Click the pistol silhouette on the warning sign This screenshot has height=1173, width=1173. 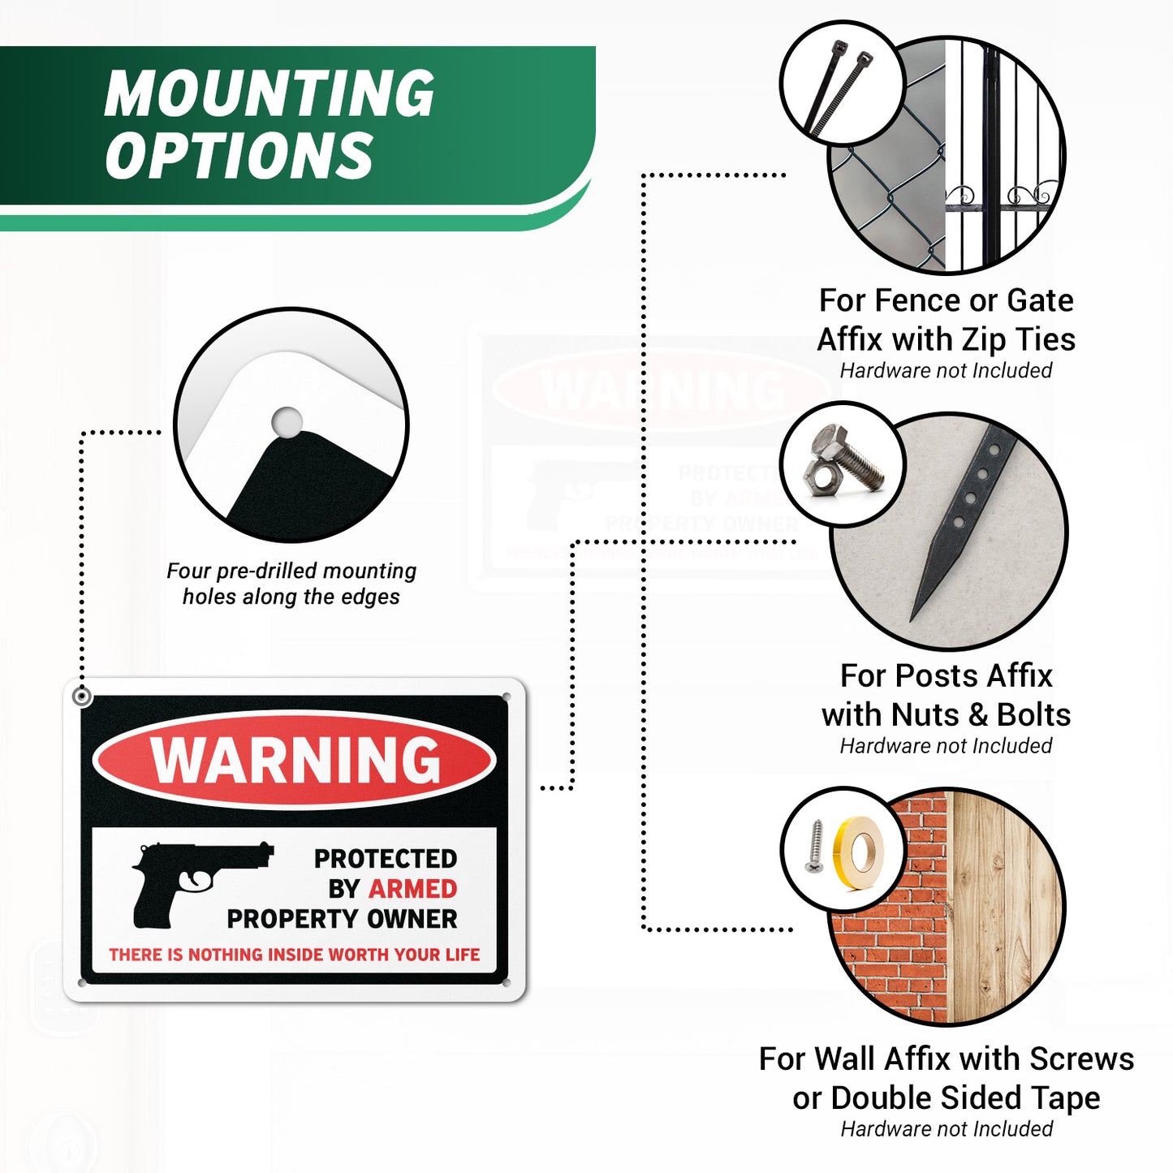[x=201, y=885]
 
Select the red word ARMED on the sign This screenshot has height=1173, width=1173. [x=412, y=889]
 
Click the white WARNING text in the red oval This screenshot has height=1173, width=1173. [x=295, y=760]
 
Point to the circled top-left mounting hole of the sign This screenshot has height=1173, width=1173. [x=82, y=696]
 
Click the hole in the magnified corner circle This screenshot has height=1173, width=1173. [x=287, y=422]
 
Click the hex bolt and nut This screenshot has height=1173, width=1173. [x=842, y=464]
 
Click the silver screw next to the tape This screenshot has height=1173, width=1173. [x=814, y=846]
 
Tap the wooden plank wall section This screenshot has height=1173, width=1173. [x=1004, y=907]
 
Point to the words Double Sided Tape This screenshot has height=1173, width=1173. [x=965, y=1098]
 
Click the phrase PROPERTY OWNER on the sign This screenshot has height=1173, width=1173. [x=342, y=919]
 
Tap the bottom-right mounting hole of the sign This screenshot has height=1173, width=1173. [x=507, y=982]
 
